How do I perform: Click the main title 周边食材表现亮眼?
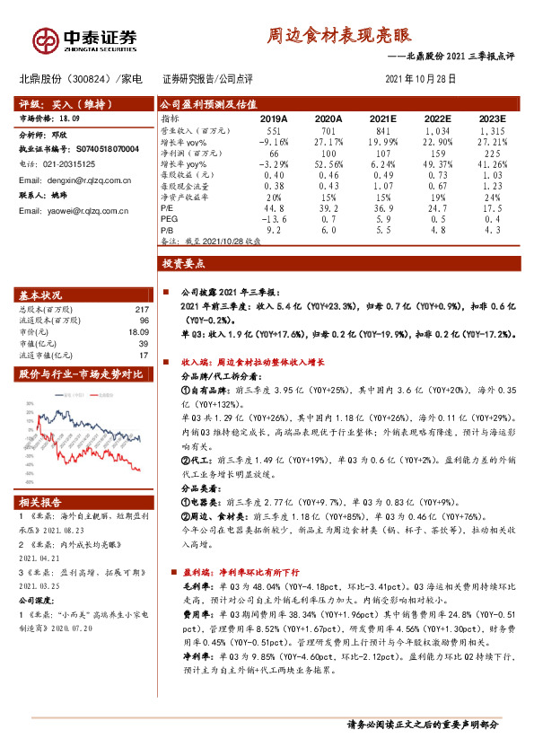coord(340,35)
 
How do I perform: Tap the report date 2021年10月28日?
coord(420,79)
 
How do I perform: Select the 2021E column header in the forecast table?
coord(382,118)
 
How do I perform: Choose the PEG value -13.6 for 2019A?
coord(273,218)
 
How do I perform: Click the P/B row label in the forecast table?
coord(168,229)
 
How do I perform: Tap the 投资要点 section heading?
coord(184,264)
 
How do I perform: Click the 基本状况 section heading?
coord(41,294)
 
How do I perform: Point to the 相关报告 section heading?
coord(41,502)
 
